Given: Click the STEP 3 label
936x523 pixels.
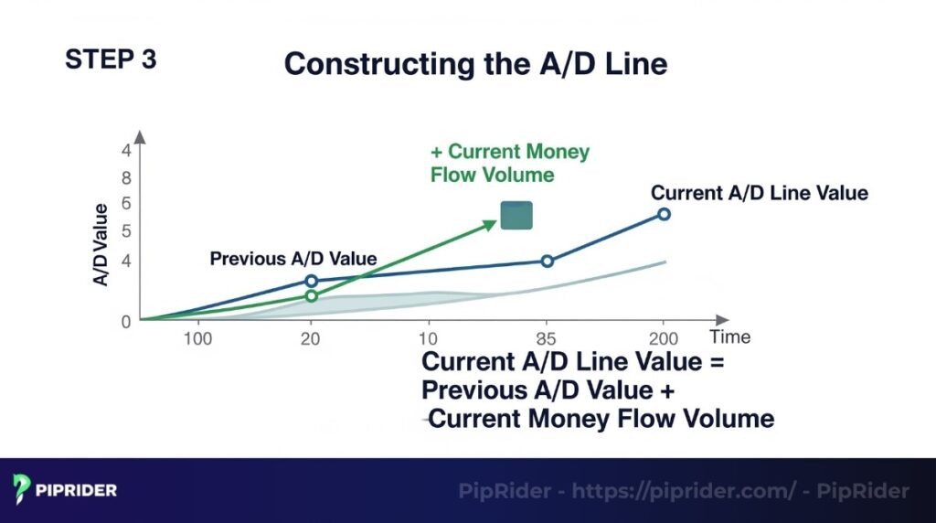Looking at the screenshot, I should [x=111, y=59].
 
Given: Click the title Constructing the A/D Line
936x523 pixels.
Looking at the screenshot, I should [x=475, y=64].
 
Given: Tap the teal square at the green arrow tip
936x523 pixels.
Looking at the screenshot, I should [x=516, y=216].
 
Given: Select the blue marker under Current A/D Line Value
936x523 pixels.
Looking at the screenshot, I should [x=664, y=214].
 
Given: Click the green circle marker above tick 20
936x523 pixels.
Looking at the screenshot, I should [x=311, y=295].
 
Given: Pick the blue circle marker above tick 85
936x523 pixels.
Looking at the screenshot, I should [x=548, y=261].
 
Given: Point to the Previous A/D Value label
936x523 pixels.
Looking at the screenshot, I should [x=292, y=259].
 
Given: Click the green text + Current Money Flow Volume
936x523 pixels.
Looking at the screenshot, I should [x=510, y=163].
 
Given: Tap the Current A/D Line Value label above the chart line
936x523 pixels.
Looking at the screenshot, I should [x=759, y=193].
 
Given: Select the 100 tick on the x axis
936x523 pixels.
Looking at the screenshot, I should [x=197, y=338].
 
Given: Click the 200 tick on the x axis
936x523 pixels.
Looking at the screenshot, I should [x=664, y=338].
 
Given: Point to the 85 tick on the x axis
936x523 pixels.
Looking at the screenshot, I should [x=548, y=338].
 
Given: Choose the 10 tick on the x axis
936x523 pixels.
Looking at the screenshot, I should [x=429, y=338].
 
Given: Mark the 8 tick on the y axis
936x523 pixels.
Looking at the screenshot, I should [x=126, y=178].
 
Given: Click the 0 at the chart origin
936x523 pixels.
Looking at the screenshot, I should [x=126, y=321].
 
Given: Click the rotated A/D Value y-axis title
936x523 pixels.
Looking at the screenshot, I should [x=101, y=244].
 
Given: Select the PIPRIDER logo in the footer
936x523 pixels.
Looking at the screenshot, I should [x=65, y=490].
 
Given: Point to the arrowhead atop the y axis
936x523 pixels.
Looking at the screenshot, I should [x=140, y=137].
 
